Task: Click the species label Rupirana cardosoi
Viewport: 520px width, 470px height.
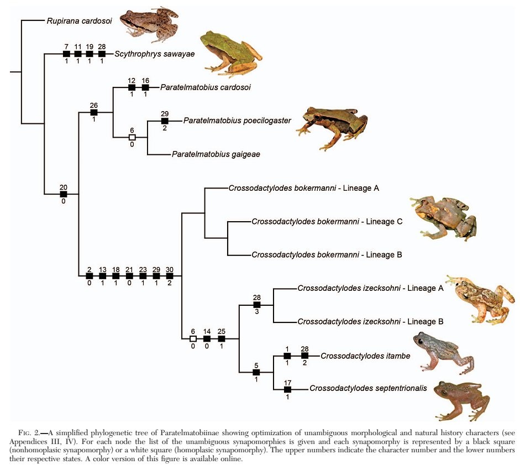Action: tap(80, 22)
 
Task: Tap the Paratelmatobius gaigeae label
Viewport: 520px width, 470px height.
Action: tap(216, 154)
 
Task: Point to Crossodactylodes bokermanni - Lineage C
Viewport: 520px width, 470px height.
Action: tap(327, 222)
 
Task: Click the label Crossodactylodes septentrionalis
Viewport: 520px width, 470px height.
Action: tap(368, 388)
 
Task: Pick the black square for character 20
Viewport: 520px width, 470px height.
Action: tap(64, 194)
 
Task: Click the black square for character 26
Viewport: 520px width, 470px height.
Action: tap(94, 113)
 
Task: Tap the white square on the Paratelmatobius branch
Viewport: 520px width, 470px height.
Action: tap(132, 137)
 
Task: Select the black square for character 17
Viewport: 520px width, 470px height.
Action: tap(287, 389)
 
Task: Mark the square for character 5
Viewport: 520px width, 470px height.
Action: tap(256, 372)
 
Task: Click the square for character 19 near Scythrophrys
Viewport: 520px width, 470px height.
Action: tap(90, 54)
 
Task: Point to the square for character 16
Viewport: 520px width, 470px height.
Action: tap(145, 87)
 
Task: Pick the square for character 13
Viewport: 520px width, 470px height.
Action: tap(103, 275)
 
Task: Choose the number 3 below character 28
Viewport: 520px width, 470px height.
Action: tap(256, 312)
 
